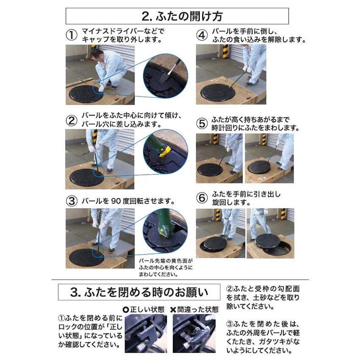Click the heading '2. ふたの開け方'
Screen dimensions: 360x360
click(182, 16)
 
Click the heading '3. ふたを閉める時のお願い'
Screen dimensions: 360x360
click(139, 292)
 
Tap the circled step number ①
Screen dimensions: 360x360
click(72, 35)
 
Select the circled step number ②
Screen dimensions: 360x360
click(72, 121)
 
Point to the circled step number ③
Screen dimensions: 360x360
click(72, 201)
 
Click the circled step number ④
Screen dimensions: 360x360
click(202, 35)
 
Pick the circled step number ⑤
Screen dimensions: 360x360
click(202, 124)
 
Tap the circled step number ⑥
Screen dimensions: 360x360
click(202, 198)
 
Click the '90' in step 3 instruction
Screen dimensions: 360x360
click(116, 201)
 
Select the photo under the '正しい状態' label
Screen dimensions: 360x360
click(146, 333)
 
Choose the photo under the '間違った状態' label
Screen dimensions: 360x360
click(194, 333)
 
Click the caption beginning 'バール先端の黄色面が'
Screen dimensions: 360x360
click(166, 268)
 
